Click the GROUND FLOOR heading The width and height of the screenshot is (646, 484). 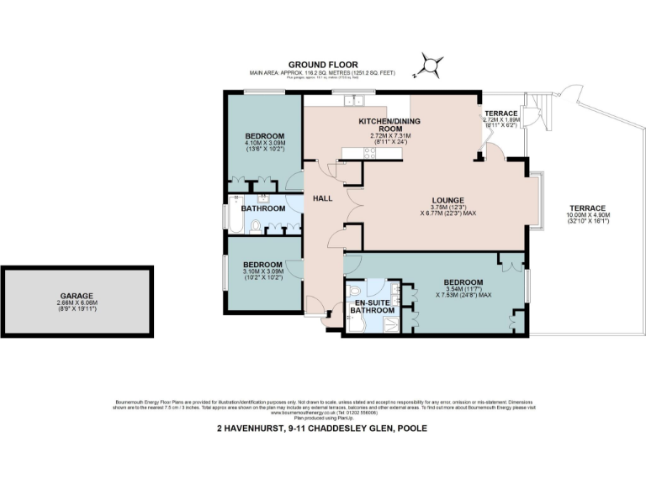click(323, 64)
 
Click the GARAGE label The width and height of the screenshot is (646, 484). click(76, 296)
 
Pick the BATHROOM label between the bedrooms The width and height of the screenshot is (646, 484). click(262, 208)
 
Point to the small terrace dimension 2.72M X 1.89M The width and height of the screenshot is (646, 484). click(502, 121)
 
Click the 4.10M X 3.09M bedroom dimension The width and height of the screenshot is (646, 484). click(264, 145)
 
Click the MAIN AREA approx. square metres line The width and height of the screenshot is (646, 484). click(323, 73)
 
